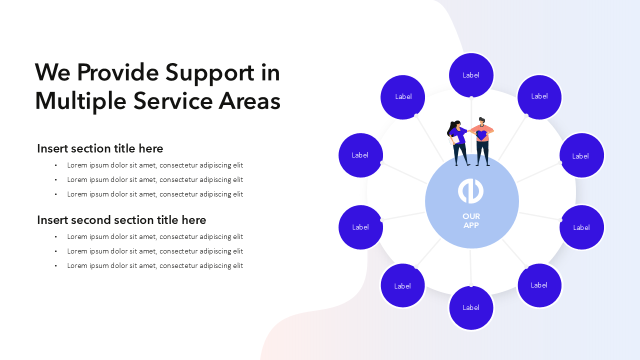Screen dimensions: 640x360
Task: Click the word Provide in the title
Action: (x=117, y=72)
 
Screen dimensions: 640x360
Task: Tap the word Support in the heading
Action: (x=210, y=73)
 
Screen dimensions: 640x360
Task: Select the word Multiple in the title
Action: (x=80, y=101)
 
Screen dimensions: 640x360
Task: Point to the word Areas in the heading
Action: (x=249, y=101)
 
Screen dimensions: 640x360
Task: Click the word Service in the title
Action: (x=172, y=101)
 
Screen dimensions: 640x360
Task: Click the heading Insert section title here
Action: (x=100, y=148)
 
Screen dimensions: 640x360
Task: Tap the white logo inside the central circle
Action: (x=471, y=191)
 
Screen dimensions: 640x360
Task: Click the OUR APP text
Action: (x=471, y=221)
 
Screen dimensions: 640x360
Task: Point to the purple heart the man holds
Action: (x=481, y=135)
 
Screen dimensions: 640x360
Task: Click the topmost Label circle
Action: (x=471, y=75)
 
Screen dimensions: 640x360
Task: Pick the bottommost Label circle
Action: (x=471, y=307)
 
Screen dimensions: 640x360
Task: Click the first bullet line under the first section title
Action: (x=155, y=165)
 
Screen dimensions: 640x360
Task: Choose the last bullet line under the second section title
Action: (x=155, y=265)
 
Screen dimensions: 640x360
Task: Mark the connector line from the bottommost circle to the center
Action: (x=471, y=267)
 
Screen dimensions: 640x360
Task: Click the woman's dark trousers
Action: (x=460, y=153)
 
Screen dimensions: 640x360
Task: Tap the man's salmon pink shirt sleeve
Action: (x=489, y=129)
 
